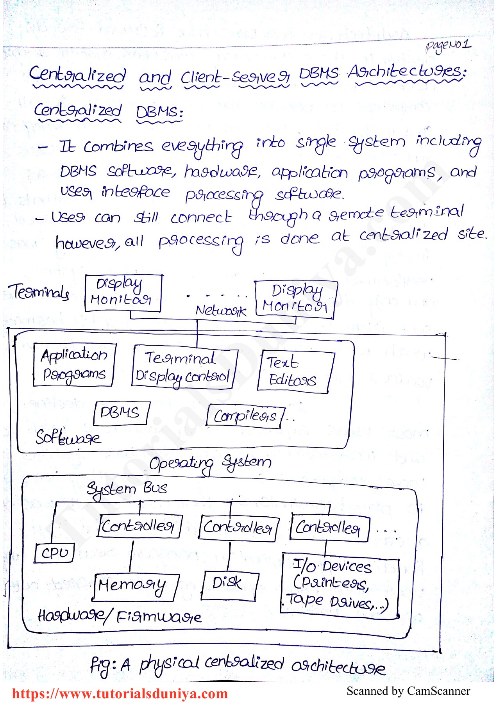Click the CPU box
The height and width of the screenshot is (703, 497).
click(54, 553)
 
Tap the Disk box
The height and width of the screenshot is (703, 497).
click(229, 585)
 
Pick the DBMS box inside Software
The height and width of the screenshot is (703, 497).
click(121, 413)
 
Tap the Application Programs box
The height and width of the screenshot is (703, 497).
click(74, 364)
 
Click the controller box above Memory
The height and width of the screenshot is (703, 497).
click(139, 526)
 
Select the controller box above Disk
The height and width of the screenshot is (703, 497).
click(238, 528)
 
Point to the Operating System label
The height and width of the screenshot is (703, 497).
click(210, 463)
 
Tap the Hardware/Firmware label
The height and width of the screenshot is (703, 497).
click(119, 616)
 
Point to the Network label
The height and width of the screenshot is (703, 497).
click(221, 310)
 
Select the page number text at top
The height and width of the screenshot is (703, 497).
click(449, 46)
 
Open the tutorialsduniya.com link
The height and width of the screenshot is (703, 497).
click(120, 694)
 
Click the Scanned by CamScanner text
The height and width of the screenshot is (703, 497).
click(408, 691)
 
